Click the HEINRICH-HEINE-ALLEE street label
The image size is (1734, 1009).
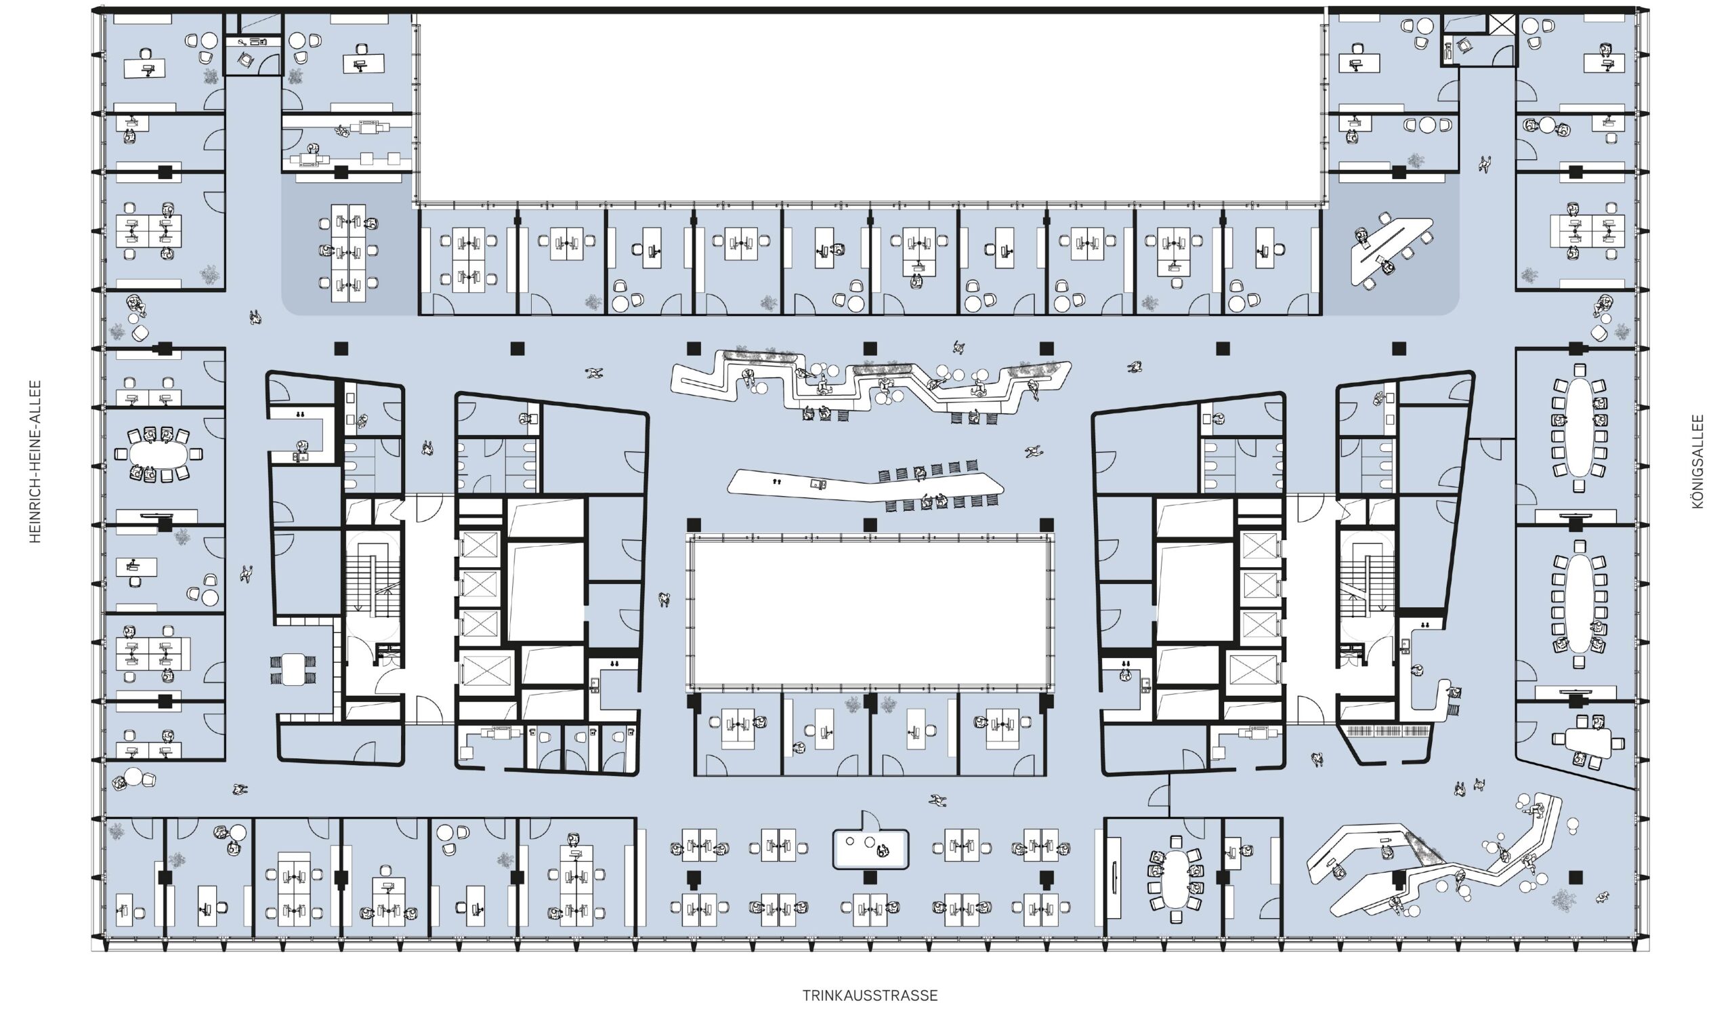pos(35,462)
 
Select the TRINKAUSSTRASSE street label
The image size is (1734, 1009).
pos(870,995)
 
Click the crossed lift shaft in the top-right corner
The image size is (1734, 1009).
pos(1502,26)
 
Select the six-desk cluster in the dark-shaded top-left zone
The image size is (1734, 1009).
pos(350,253)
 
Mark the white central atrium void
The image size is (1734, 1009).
pos(870,614)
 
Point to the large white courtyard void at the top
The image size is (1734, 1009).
pos(870,107)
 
